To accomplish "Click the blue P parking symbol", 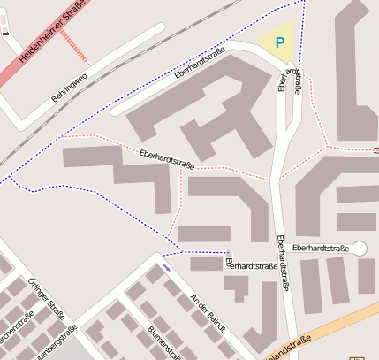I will (x=280, y=42).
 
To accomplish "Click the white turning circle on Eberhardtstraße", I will (x=360, y=249).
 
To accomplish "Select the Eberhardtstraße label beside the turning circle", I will (x=320, y=249).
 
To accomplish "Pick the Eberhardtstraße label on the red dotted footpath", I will (x=167, y=159).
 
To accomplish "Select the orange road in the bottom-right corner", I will (x=336, y=326).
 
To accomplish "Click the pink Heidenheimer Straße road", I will (x=27, y=62).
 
